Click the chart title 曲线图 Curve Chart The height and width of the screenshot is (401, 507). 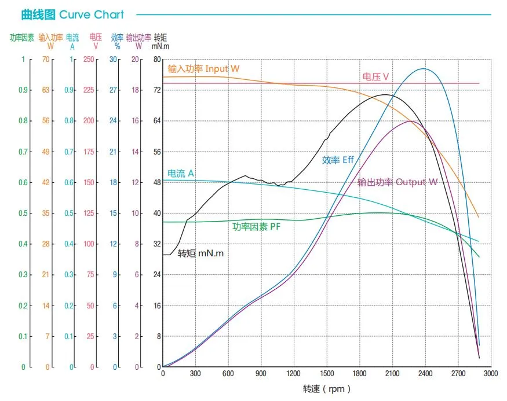click(72, 14)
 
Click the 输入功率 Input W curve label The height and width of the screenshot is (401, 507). click(203, 69)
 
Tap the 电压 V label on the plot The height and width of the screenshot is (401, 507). click(375, 76)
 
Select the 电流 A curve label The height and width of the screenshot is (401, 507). click(181, 173)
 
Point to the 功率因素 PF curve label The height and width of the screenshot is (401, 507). click(257, 227)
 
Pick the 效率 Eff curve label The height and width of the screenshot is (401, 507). click(338, 160)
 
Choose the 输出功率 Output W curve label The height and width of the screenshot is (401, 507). click(397, 182)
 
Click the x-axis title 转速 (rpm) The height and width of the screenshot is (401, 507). click(327, 389)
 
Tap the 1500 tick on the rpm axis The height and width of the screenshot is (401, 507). click(327, 374)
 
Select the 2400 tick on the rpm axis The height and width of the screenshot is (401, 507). click(425, 374)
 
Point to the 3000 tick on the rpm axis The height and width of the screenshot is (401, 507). click(491, 374)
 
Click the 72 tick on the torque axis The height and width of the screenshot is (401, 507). click(157, 90)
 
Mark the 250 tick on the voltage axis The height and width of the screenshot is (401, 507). click(88, 59)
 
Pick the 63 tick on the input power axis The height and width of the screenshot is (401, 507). click(46, 90)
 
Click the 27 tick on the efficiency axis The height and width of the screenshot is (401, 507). click(114, 90)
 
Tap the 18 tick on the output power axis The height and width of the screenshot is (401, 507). click(136, 90)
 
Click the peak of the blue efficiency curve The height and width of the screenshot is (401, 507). click(424, 69)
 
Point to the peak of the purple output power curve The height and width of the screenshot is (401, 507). click(410, 121)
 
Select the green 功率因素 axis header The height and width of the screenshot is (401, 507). click(23, 38)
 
